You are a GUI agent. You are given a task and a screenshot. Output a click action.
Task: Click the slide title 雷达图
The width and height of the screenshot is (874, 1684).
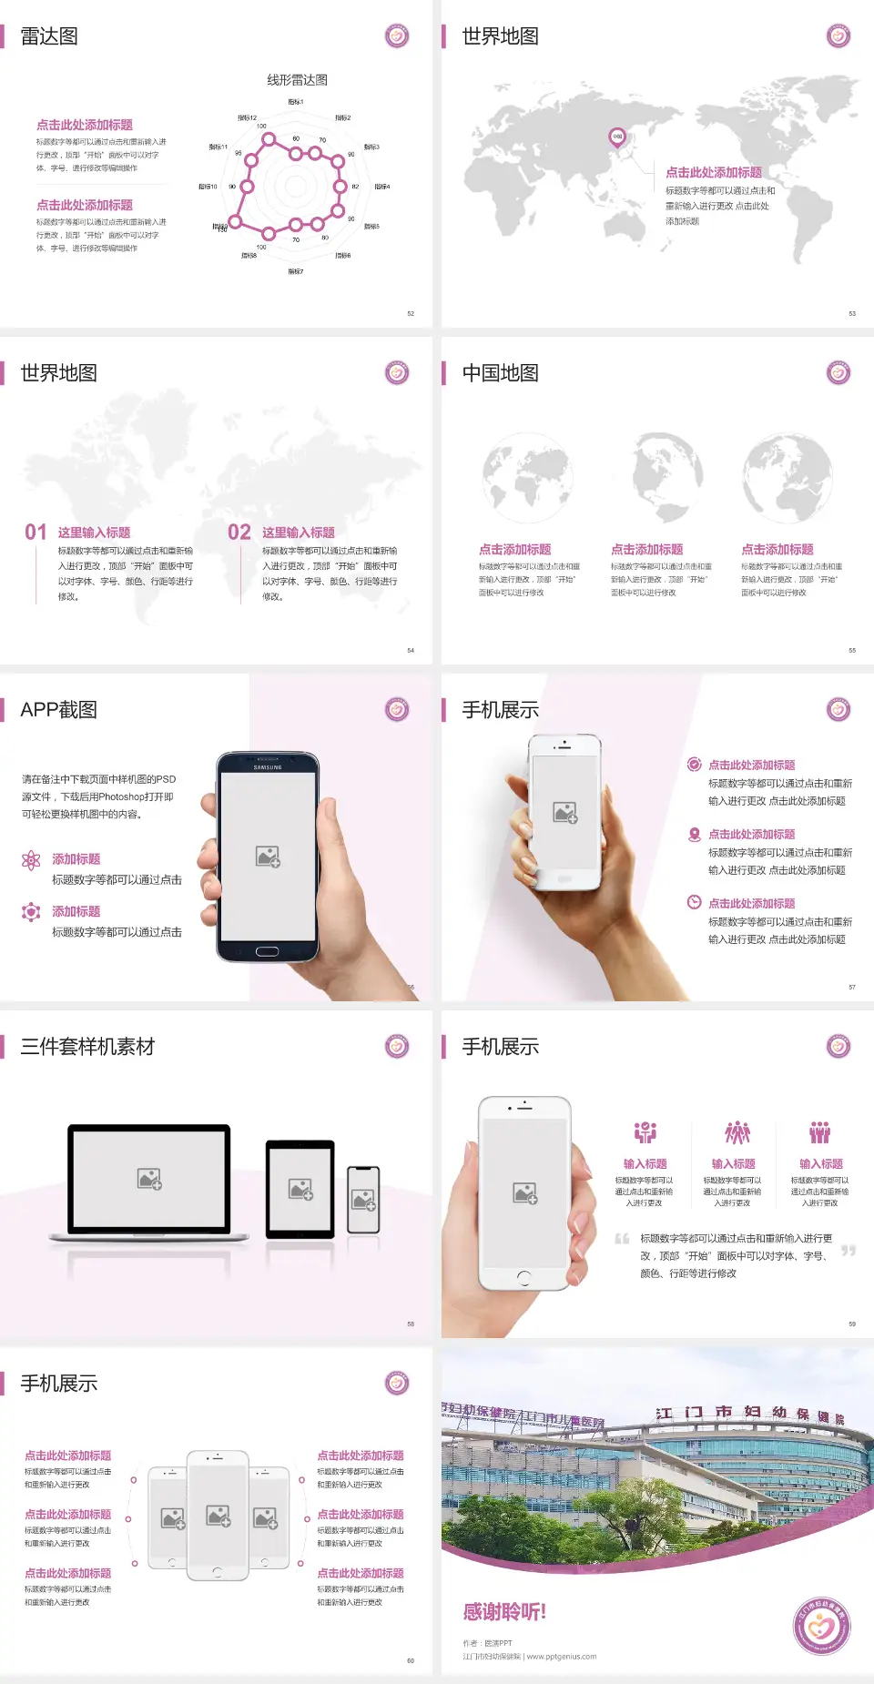point(49,36)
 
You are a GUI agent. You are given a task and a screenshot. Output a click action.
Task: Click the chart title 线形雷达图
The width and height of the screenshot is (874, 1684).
point(297,80)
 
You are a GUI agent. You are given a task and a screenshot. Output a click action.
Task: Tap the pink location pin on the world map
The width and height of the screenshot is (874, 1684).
point(617,137)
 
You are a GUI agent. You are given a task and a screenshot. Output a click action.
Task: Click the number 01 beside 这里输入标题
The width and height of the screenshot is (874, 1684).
point(36,533)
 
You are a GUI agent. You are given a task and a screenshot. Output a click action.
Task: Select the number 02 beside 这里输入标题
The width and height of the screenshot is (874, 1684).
point(239,533)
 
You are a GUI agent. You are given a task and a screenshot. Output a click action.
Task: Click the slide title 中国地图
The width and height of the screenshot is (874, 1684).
point(500,373)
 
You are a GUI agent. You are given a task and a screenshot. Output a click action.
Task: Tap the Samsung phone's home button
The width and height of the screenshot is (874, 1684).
point(267,951)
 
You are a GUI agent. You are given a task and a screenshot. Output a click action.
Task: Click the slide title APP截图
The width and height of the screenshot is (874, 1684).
point(58,710)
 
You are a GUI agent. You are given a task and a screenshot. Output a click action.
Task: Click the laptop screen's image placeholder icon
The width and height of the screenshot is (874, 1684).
point(149,1179)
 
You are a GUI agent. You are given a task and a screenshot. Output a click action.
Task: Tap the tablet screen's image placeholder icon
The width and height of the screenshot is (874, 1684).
point(300,1189)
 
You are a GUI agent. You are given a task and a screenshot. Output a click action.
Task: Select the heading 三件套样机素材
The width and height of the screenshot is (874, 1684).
point(87,1047)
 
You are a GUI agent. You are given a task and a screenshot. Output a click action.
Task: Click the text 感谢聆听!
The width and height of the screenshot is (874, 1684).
point(504,1612)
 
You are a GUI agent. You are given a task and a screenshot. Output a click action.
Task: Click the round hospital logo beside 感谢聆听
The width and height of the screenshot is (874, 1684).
point(821,1625)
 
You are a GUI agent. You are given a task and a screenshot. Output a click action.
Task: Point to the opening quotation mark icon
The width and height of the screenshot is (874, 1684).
point(622,1239)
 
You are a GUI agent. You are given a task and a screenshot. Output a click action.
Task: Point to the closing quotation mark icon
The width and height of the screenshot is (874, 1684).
point(849,1251)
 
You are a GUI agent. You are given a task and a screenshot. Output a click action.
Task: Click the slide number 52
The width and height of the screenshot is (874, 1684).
point(411,313)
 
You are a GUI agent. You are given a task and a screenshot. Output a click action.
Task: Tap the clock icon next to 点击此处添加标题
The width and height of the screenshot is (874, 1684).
point(694,902)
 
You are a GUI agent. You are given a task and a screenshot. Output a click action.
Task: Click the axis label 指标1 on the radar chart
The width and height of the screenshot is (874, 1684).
point(295,102)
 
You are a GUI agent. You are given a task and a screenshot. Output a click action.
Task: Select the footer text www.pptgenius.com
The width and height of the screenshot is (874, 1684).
point(562,1657)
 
